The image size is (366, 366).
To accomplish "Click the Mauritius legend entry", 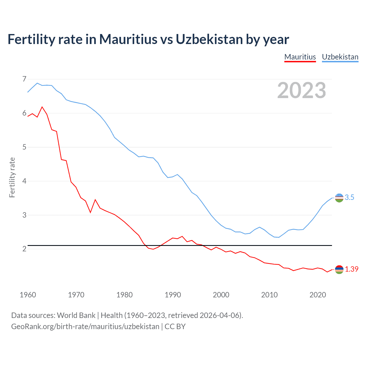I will coord(300,57).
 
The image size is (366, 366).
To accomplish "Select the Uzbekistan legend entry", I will coord(340,57).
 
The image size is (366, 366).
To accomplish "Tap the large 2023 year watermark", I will coord(301,90).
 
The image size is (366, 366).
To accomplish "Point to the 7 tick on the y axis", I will coord(24,79).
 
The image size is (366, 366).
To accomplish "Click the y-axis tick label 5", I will coord(24,147).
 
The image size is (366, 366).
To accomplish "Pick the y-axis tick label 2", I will coord(24,249).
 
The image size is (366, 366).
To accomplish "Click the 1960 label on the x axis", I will coord(28,295).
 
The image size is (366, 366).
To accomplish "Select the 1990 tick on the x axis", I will coord(173,295).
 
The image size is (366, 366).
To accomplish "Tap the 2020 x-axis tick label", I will coord(318,295).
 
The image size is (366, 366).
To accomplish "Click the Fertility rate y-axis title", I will coord(12,177).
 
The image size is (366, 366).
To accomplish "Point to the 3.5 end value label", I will coord(349,198).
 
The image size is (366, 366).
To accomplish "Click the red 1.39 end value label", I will coord(351,269).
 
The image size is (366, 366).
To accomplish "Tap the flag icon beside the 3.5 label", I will coord(339,198).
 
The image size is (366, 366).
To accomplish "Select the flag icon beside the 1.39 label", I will coord(339,269).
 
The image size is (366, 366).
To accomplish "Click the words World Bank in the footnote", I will coord(76,315).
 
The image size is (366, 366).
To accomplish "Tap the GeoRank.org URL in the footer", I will coord(85,327).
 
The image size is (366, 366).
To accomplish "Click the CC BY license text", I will coord(175,327).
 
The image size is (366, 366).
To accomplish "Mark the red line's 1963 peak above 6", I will coord(42,107).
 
